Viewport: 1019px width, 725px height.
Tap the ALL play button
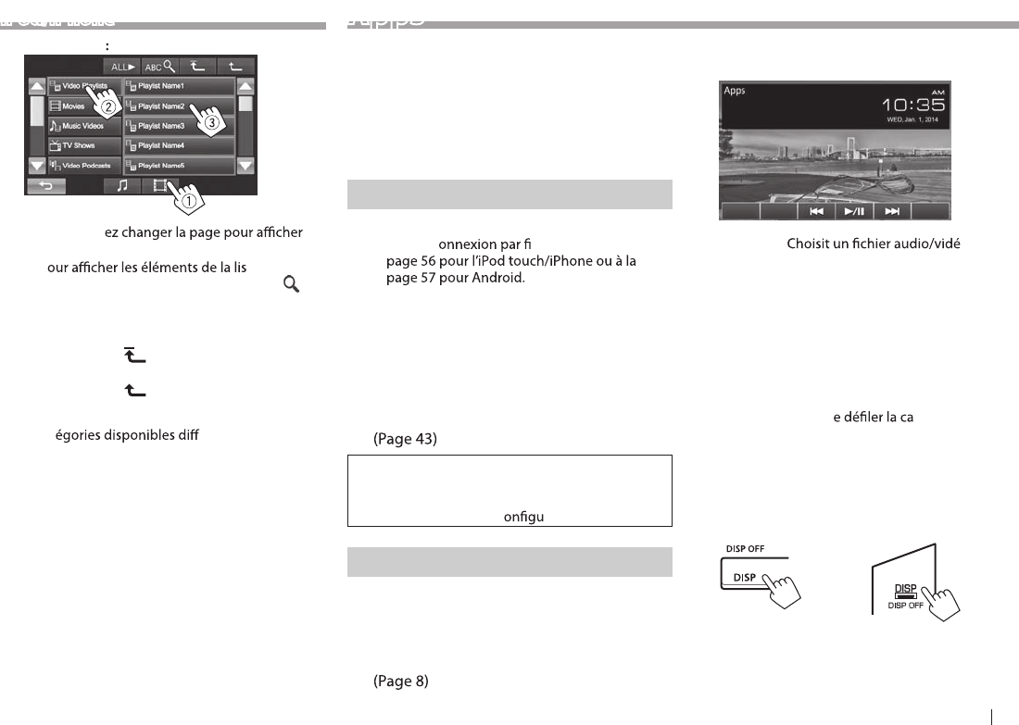[x=122, y=67]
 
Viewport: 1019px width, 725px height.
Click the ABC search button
[x=157, y=67]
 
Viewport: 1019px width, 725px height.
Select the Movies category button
[x=83, y=106]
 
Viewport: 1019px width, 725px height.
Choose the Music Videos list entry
[x=83, y=126]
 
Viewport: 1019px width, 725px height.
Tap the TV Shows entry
[x=83, y=145]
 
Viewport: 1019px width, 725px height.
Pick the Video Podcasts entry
[x=83, y=166]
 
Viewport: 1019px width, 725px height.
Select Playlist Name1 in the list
[x=178, y=86]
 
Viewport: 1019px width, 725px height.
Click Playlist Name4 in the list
[x=178, y=145]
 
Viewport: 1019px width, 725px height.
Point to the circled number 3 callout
[x=212, y=120]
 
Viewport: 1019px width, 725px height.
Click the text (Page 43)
[x=404, y=441]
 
